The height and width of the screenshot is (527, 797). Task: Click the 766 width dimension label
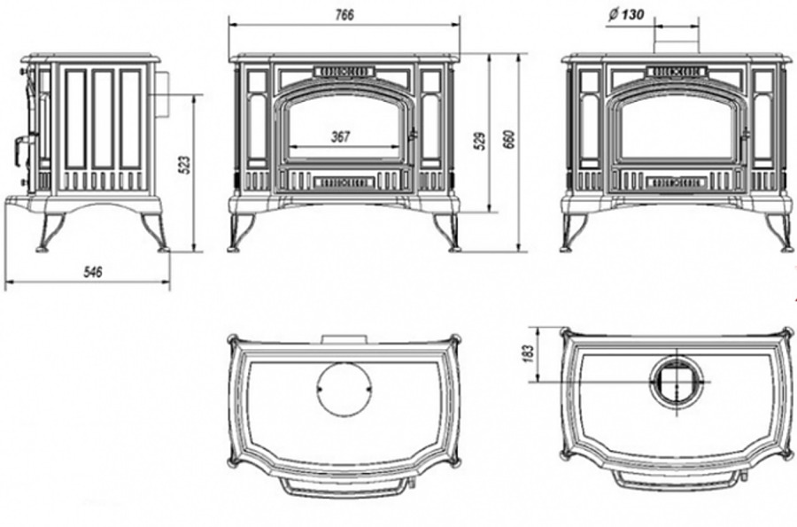tap(344, 15)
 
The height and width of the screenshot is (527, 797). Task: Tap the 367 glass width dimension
tap(341, 136)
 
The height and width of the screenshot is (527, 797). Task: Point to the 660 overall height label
tap(510, 140)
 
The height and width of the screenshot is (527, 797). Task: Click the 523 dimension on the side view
tap(186, 165)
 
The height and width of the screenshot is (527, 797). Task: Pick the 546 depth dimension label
tap(92, 272)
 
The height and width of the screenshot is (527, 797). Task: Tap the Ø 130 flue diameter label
tap(625, 15)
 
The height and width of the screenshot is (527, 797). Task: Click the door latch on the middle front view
tap(414, 133)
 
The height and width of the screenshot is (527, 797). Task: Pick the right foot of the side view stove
tap(156, 233)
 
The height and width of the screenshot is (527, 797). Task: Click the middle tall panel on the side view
tap(104, 120)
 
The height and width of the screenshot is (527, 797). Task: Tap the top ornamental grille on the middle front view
tap(344, 72)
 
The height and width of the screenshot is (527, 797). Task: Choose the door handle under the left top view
tap(347, 487)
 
